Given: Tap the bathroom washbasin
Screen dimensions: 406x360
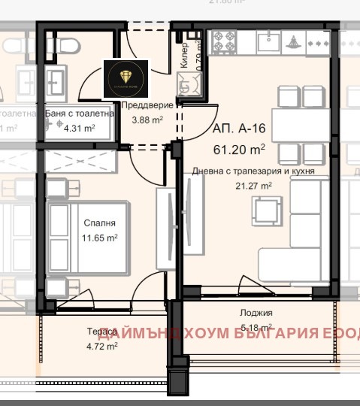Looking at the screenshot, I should tap(56, 78).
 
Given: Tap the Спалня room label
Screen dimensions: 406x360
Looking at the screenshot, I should tap(100, 223).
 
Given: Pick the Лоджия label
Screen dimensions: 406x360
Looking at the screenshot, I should tap(257, 313).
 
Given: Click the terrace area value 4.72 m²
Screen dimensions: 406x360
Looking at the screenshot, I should tap(101, 347).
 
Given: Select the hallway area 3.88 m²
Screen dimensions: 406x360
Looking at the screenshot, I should tap(148, 120).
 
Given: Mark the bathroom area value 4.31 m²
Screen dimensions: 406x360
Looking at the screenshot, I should tap(79, 128).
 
